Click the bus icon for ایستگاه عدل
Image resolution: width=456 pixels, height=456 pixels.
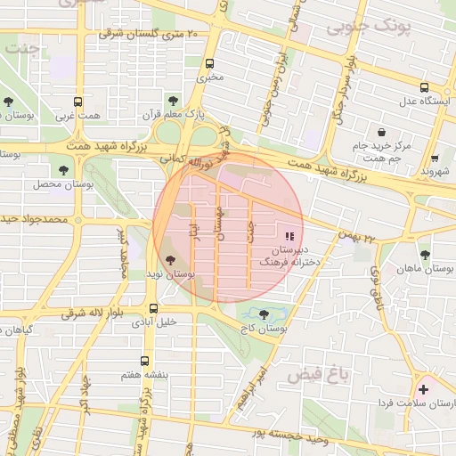coord(423,87)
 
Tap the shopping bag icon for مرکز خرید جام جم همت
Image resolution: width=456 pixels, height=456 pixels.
coord(381,132)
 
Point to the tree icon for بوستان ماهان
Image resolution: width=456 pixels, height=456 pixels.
coord(424,254)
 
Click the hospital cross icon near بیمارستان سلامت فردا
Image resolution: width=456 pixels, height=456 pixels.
coord(423,389)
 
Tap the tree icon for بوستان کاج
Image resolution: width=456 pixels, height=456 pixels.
coord(264,314)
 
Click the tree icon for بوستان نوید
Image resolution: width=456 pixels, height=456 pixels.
coord(170,259)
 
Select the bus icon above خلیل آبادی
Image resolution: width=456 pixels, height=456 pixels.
coord(154,309)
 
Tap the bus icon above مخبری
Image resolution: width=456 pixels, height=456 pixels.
coord(210,64)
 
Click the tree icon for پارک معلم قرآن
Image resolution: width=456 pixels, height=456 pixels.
coord(173,101)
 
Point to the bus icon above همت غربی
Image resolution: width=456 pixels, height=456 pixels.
coord(77,102)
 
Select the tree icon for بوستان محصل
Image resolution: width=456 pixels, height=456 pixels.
coord(62,169)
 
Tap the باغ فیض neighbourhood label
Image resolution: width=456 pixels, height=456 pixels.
coord(311,376)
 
